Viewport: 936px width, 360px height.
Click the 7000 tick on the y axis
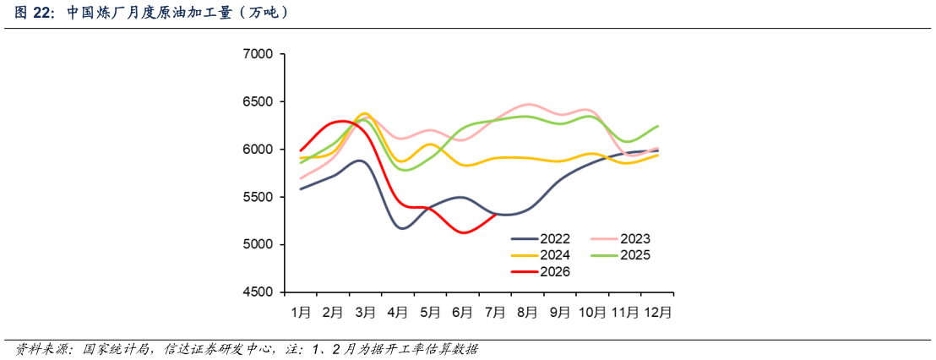click(x=258, y=54)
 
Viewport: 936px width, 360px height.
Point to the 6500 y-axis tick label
click(x=258, y=102)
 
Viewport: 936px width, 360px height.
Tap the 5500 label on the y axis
click(x=258, y=197)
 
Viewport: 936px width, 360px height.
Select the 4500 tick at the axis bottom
click(x=258, y=292)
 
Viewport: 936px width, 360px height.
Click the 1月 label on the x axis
click(x=300, y=312)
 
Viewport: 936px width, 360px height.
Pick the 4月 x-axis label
click(x=398, y=312)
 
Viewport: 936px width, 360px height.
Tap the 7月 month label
click(x=496, y=312)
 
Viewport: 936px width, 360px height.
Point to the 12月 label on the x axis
click(x=658, y=312)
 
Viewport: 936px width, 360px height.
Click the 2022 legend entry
click(x=541, y=239)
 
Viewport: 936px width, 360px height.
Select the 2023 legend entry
click(x=620, y=239)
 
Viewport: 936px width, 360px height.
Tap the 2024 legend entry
click(x=541, y=255)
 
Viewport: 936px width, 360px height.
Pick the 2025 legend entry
click(x=620, y=255)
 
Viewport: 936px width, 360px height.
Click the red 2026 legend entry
click(x=541, y=271)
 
